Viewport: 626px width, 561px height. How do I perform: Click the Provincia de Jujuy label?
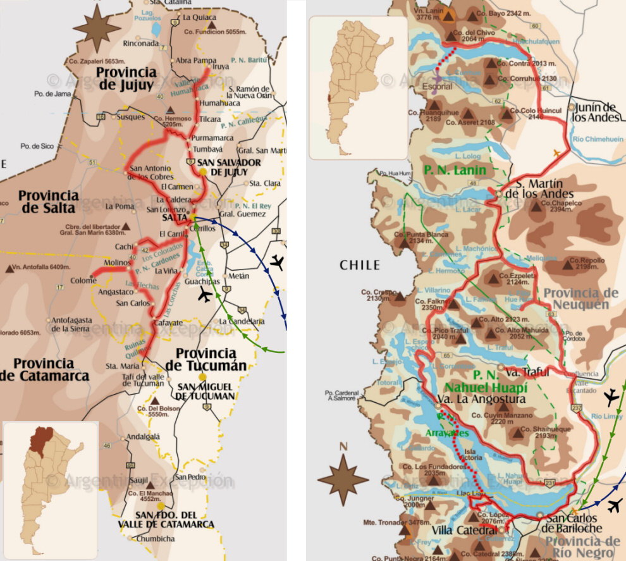126,79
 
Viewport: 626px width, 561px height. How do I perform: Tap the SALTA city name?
174,218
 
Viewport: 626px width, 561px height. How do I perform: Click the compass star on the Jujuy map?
96,28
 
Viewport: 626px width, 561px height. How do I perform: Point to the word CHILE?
360,265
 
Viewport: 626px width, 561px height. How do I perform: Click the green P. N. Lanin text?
455,170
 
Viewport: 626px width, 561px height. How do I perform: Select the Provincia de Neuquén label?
580,299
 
